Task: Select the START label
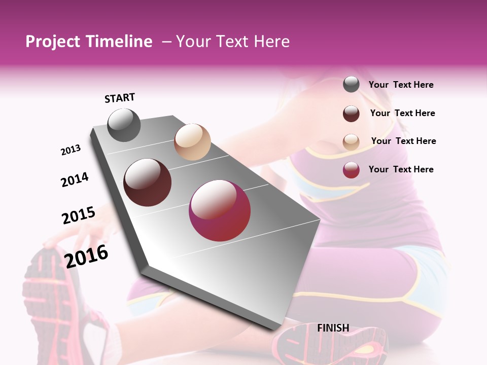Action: [120, 98]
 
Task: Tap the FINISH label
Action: [333, 328]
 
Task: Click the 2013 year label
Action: [71, 150]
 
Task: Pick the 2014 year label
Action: [75, 180]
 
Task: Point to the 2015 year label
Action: [79, 215]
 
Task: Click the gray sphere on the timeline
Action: [124, 125]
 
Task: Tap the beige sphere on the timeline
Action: [192, 142]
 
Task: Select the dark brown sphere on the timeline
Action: [148, 182]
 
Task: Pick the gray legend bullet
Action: [351, 85]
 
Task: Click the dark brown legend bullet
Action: [351, 114]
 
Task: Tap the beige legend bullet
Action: [351, 142]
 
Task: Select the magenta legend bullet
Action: [351, 170]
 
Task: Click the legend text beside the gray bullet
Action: [401, 85]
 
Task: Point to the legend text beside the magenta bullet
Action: [401, 169]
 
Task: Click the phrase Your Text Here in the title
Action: [233, 42]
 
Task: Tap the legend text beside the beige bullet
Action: [404, 141]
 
